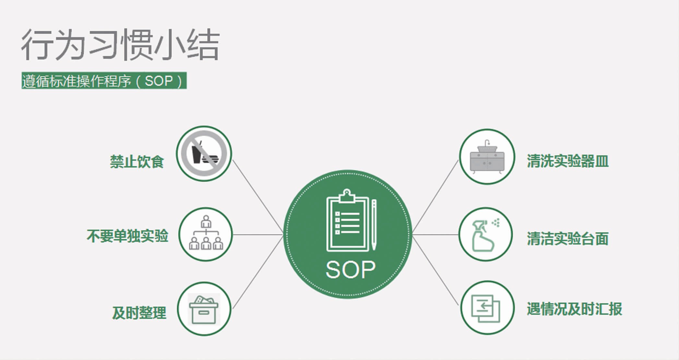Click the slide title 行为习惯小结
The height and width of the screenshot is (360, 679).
pos(120,44)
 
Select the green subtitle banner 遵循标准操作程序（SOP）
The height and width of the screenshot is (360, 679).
pos(104,80)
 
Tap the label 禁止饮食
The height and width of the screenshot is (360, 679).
pos(137,162)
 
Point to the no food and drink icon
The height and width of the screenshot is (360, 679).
pos(204,154)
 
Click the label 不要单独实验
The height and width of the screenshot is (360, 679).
pos(127,236)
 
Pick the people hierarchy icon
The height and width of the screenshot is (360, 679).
pos(206,232)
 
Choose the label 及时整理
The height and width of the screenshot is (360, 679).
pos(139,313)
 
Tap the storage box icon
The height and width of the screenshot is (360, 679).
pos(204,309)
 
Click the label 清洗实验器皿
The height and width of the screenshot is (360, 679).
pos(568,161)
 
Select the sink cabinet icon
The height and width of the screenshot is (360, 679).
pos(487,157)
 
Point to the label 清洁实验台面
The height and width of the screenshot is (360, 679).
pos(568,239)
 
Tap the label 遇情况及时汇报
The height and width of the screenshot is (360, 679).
pos(574,309)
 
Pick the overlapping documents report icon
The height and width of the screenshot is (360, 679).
pos(485,308)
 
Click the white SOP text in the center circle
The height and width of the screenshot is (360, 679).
pos(351,270)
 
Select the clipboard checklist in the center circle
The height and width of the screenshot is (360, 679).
pos(347,220)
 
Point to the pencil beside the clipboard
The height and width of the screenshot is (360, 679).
pos(374,224)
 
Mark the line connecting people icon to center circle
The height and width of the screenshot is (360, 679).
pos(258,234)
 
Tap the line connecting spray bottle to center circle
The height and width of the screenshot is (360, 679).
pos(435,234)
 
